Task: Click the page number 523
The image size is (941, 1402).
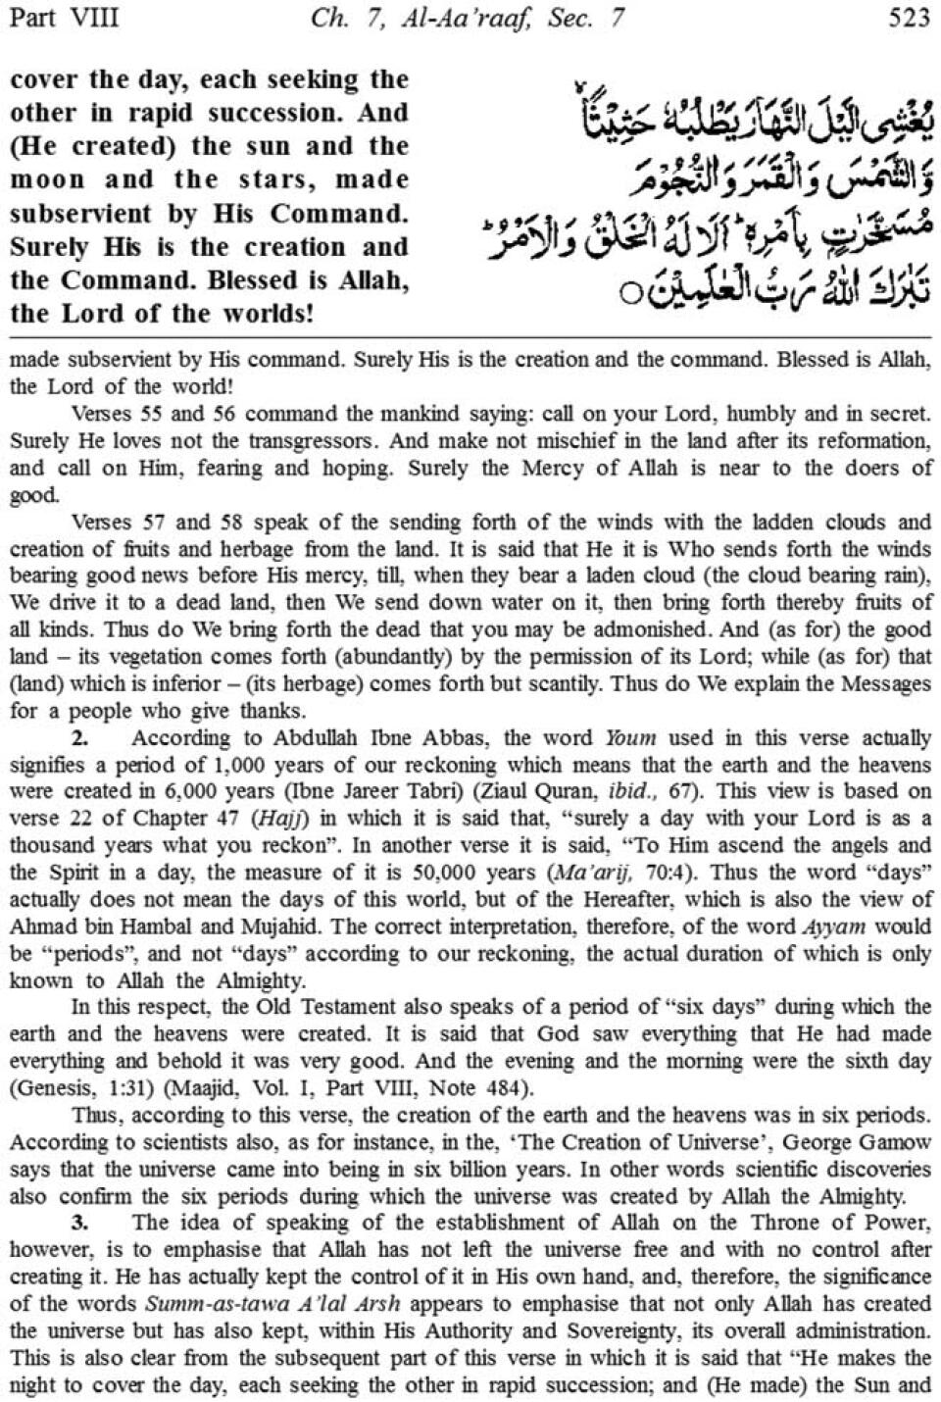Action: pyautogui.click(x=907, y=18)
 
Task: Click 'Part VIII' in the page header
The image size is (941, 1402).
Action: pyautogui.click(x=64, y=18)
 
